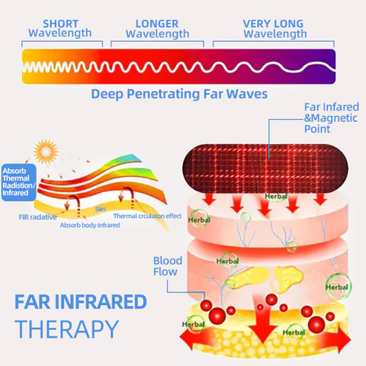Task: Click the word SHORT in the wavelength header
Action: [59, 24]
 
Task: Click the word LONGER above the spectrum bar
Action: [156, 24]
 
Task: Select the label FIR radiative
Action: [37, 217]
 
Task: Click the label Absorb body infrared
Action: [89, 225]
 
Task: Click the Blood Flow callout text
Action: [167, 265]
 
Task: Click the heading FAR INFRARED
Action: [81, 302]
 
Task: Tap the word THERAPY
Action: [67, 329]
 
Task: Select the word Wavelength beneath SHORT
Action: [59, 34]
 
